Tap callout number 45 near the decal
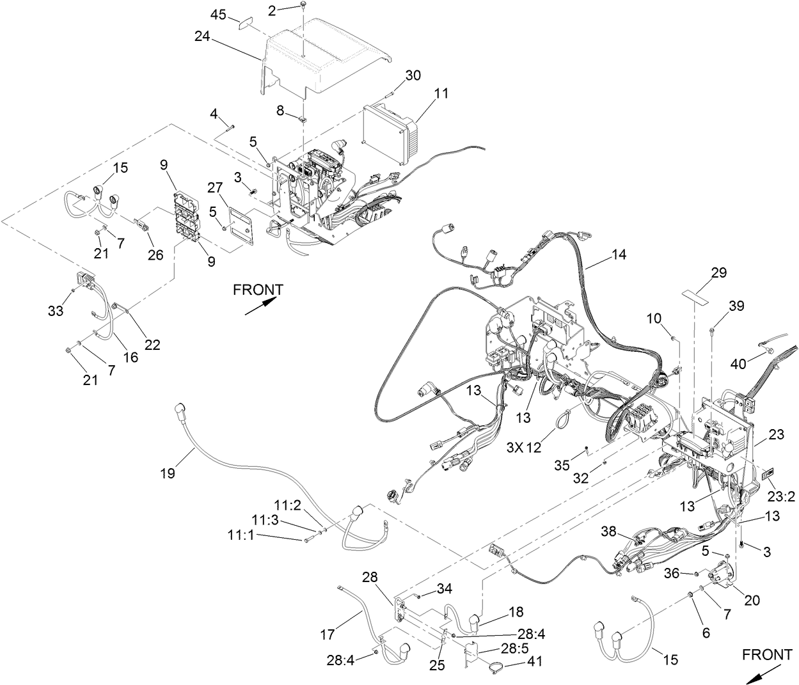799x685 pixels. coord(219,14)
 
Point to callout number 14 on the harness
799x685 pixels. coord(618,255)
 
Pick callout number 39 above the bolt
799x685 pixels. coord(736,306)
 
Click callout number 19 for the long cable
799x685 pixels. coord(168,473)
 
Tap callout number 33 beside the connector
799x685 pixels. coord(56,311)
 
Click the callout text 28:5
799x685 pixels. coord(510,649)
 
